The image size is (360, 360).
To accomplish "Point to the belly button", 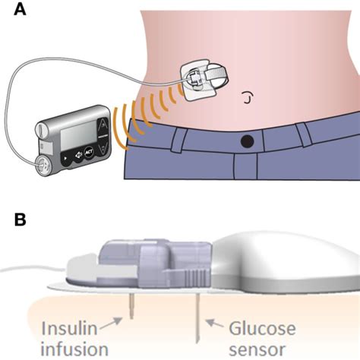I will [248, 96].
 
